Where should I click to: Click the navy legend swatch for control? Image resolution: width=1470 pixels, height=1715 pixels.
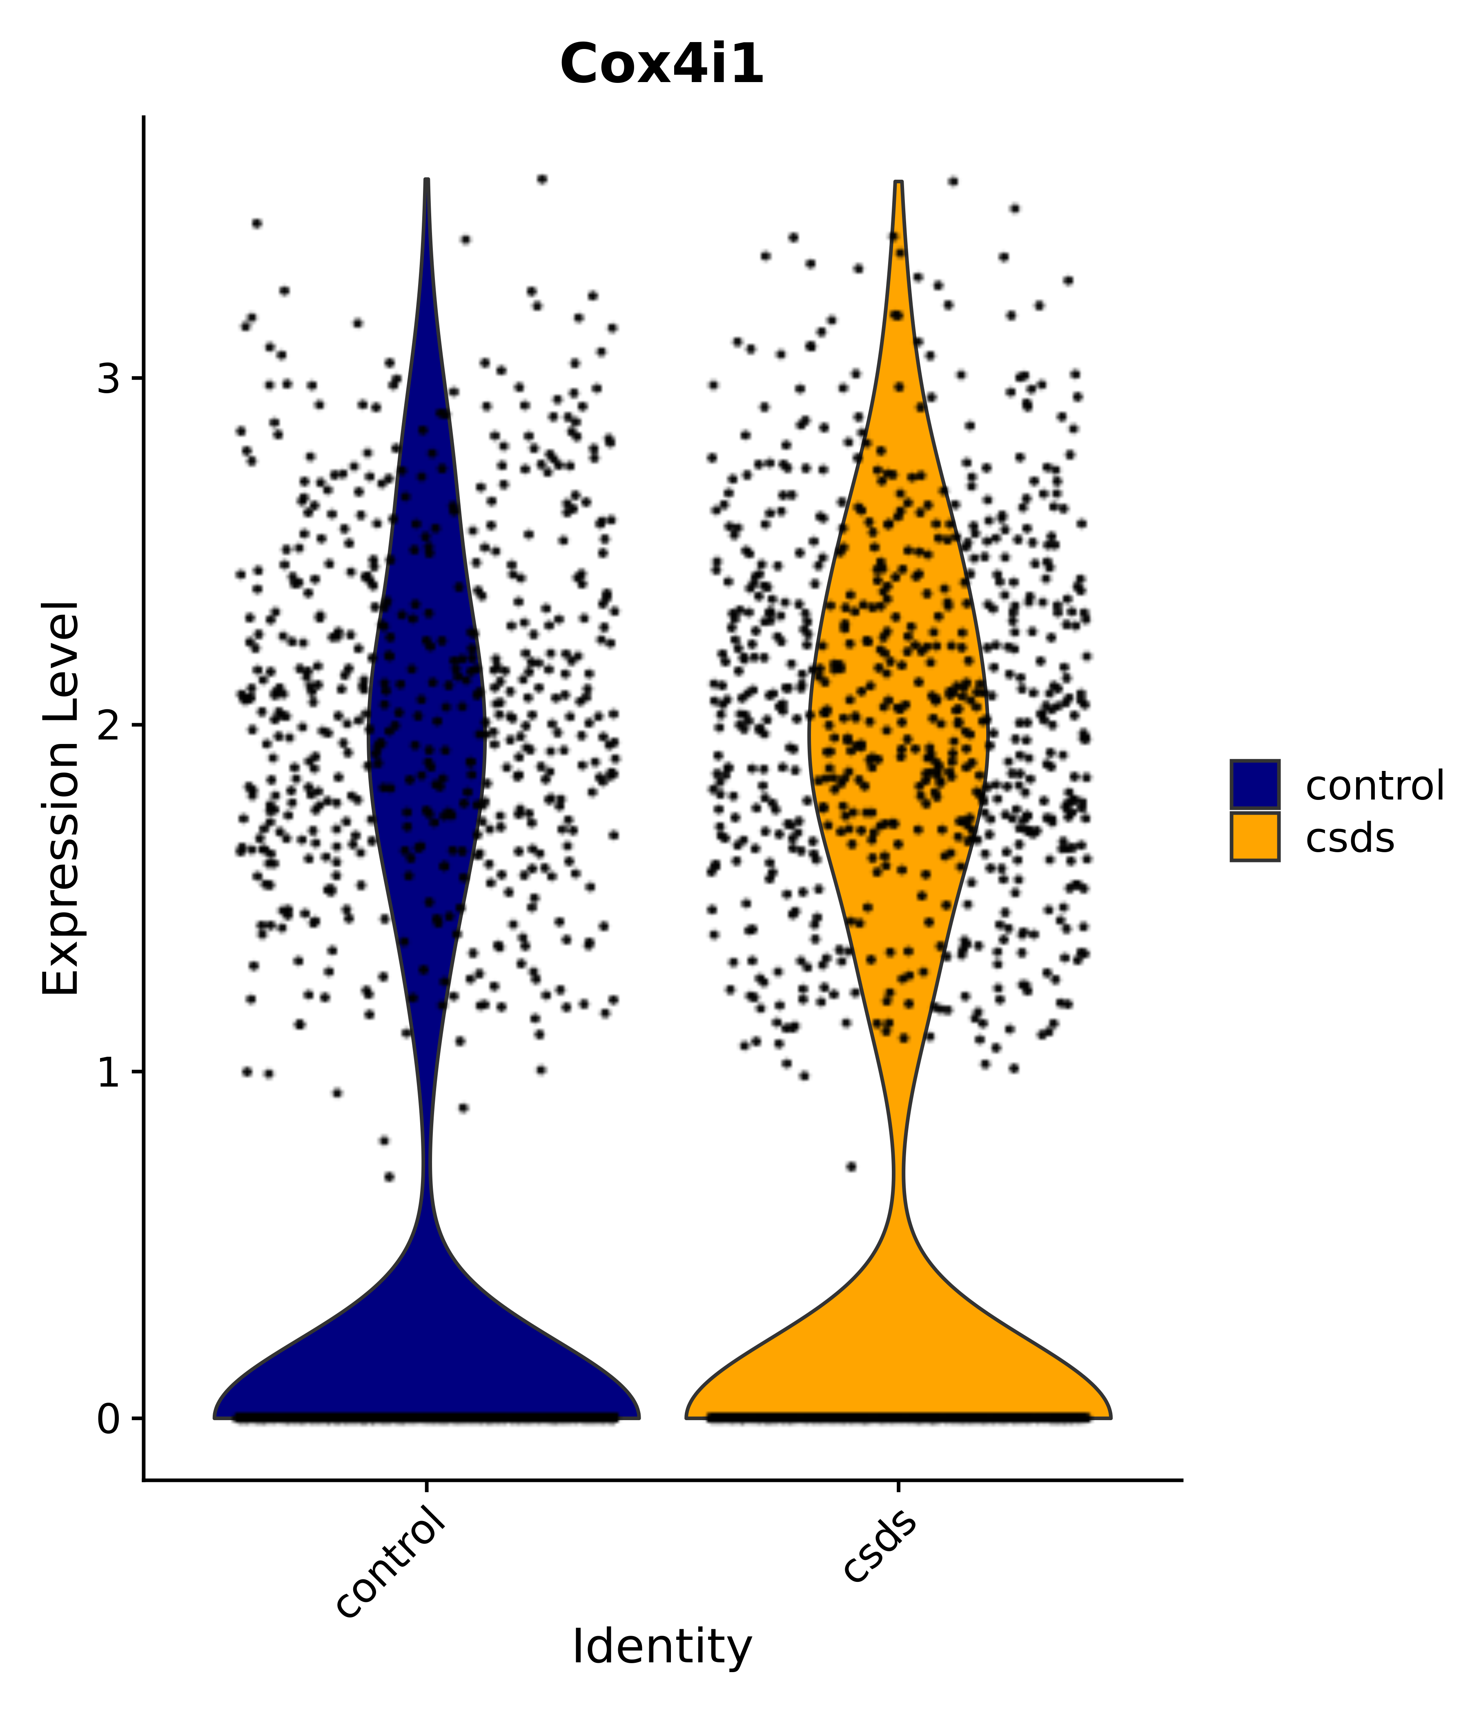point(1254,784)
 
